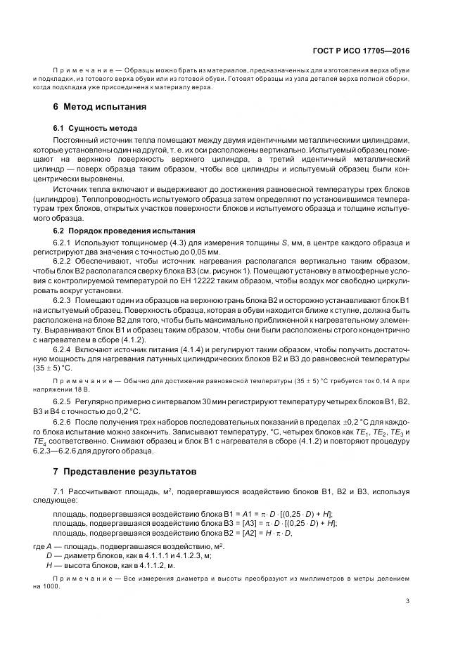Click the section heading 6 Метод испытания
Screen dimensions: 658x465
coord(99,107)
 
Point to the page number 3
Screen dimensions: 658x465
coord(407,600)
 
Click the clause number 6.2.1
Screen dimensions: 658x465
coord(65,243)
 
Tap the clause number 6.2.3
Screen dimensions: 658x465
coord(65,301)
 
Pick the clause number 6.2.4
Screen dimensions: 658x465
coord(65,349)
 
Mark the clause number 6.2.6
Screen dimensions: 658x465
coord(65,422)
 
